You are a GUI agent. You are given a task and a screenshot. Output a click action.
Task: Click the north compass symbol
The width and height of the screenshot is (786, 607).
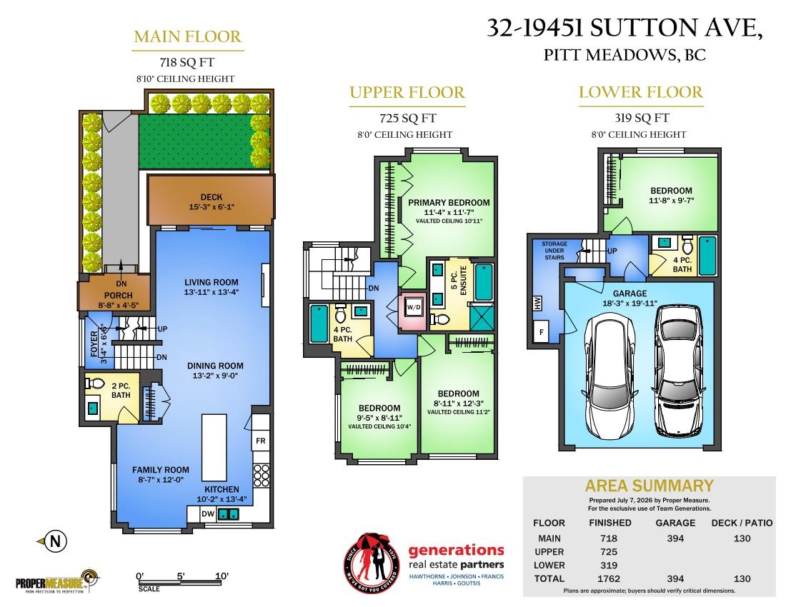53,541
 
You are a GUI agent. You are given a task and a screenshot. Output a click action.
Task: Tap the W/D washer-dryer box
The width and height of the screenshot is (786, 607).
414,307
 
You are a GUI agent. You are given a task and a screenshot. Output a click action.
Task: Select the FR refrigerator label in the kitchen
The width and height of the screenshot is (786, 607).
261,441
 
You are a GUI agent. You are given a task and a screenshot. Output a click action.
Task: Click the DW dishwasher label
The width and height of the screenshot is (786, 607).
207,514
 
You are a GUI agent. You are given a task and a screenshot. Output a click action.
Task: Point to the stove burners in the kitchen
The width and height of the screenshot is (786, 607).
261,476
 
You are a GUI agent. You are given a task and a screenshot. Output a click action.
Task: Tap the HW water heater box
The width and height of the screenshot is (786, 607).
537,303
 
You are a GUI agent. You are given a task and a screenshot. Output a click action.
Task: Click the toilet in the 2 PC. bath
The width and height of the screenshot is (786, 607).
95,383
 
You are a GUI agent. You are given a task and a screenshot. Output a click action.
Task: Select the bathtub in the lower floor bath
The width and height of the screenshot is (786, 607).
707,256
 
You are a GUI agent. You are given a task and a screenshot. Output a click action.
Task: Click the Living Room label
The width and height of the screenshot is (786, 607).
211,282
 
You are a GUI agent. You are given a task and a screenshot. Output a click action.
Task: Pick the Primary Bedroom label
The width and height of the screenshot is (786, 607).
449,202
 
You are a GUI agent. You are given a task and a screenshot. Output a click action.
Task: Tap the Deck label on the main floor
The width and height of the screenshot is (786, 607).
212,197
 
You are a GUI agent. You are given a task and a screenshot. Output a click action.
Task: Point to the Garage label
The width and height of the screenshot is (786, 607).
630,294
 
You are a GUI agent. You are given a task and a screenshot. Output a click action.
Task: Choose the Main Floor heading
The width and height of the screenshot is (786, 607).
187,36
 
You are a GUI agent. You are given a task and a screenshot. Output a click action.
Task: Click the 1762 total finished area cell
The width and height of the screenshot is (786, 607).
609,578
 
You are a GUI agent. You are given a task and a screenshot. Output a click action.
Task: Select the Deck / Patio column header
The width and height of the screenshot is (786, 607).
742,523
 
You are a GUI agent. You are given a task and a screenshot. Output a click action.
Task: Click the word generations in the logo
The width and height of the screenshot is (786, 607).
456,551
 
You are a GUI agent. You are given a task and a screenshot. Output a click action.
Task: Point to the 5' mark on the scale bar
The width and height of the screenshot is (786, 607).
181,576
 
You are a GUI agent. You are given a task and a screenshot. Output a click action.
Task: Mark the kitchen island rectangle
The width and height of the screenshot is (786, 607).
214,447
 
